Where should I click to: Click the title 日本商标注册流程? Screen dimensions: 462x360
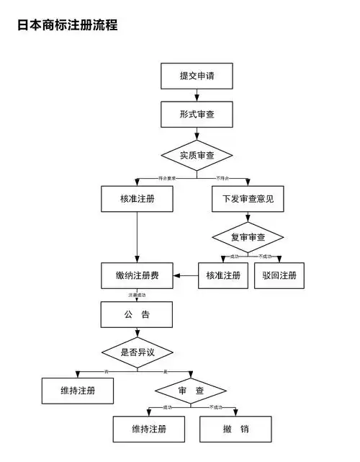67,25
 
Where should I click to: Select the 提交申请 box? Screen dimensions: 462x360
197,76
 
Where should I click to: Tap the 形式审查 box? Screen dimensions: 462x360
197,115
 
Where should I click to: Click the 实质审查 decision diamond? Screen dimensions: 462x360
197,155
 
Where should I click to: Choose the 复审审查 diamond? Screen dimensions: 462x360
248,237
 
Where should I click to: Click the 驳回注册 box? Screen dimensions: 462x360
279,275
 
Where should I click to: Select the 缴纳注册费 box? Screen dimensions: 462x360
137,275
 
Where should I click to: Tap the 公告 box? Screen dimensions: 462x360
136,314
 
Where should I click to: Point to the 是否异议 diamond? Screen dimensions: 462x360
138,352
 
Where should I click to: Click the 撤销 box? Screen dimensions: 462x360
235,429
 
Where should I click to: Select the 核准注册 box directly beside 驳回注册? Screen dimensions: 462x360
223,275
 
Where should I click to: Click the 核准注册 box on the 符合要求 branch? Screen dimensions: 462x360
137,198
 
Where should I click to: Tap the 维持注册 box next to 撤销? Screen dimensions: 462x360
149,429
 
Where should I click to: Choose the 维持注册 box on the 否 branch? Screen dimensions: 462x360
78,391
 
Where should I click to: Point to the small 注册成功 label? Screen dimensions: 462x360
138,295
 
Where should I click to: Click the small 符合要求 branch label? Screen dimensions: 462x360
167,177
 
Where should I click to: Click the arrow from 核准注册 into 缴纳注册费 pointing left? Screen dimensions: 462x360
186,275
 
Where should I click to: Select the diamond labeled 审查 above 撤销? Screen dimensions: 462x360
191,391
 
